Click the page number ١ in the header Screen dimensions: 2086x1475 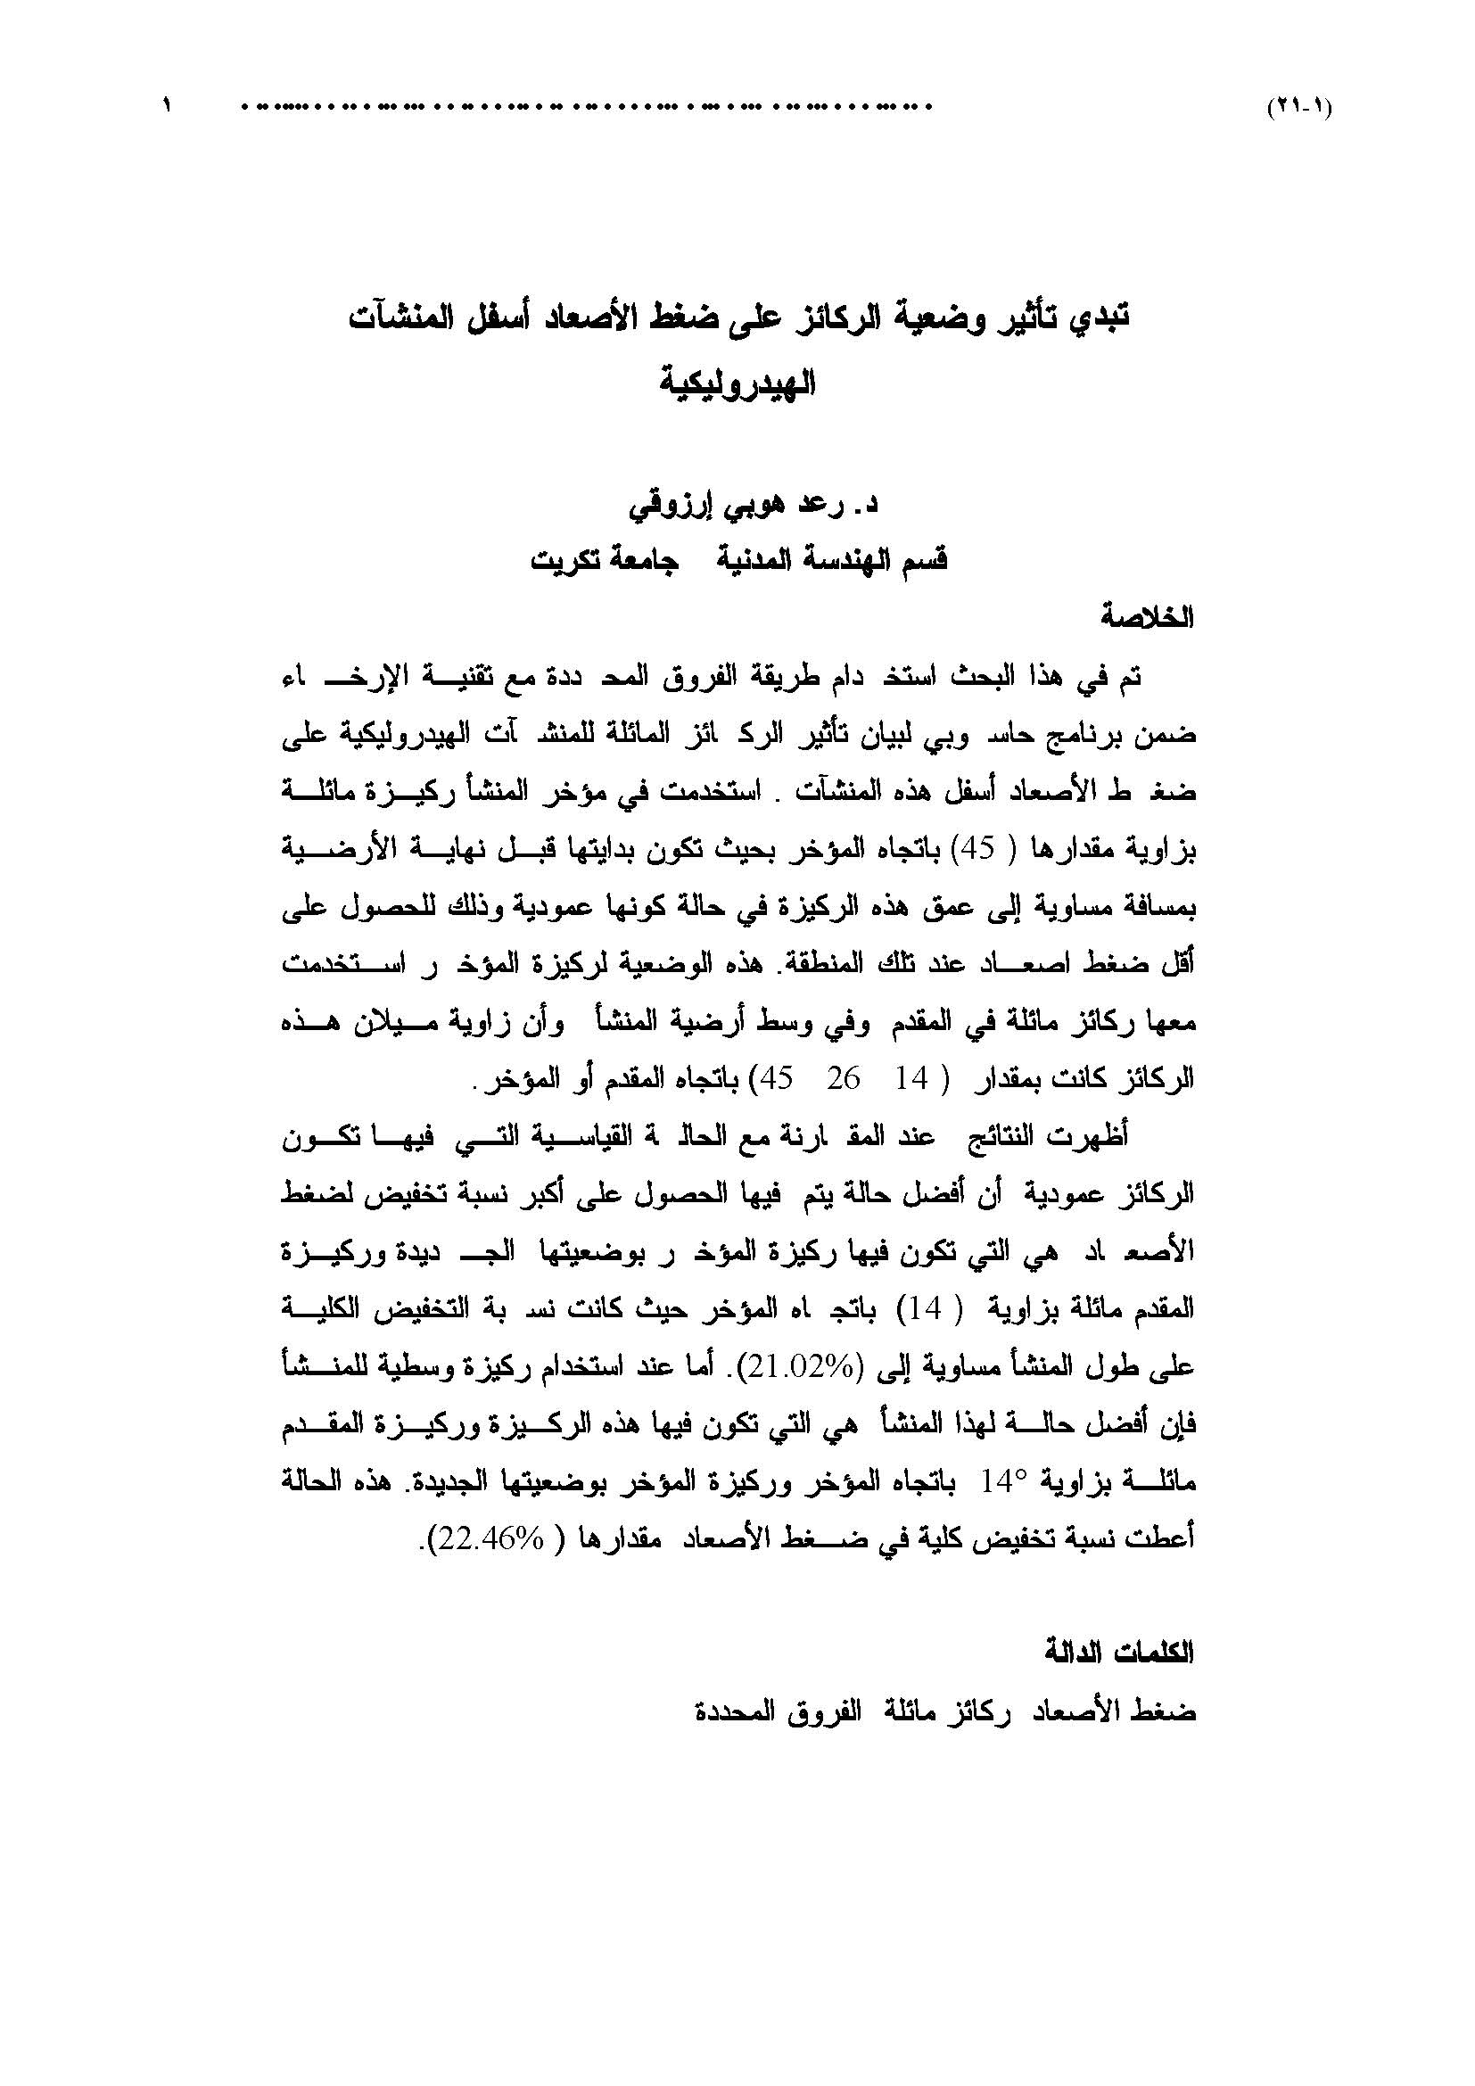click(167, 105)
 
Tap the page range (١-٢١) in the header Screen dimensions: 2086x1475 click(1298, 107)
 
